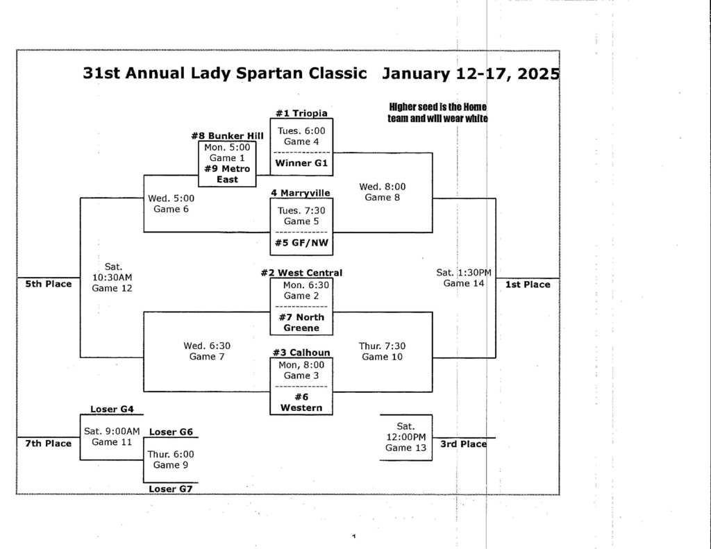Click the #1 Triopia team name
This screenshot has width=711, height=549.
pyautogui.click(x=301, y=113)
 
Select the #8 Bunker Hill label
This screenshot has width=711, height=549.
pyautogui.click(x=227, y=135)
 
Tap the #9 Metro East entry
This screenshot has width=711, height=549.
pyautogui.click(x=227, y=174)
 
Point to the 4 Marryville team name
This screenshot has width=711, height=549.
pyautogui.click(x=301, y=193)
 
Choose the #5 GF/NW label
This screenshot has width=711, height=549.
pyautogui.click(x=301, y=243)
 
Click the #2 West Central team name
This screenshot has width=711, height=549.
pyautogui.click(x=301, y=273)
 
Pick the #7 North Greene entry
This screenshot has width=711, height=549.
pyautogui.click(x=301, y=323)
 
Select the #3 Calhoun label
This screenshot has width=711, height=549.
pyautogui.click(x=301, y=353)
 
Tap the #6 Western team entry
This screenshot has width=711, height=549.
pyautogui.click(x=301, y=403)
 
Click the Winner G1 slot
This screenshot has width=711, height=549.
pyautogui.click(x=301, y=163)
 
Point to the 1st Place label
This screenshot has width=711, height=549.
pyautogui.click(x=528, y=285)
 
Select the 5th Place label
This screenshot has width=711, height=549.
pyautogui.click(x=48, y=284)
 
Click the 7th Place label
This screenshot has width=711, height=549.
pyautogui.click(x=48, y=444)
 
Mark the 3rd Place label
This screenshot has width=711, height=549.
pyautogui.click(x=463, y=444)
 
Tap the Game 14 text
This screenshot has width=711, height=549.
pyautogui.click(x=464, y=283)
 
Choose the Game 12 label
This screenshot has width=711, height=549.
pyautogui.click(x=112, y=288)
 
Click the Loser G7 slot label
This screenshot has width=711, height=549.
pyautogui.click(x=170, y=489)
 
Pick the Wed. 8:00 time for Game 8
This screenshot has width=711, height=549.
pyautogui.click(x=383, y=187)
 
